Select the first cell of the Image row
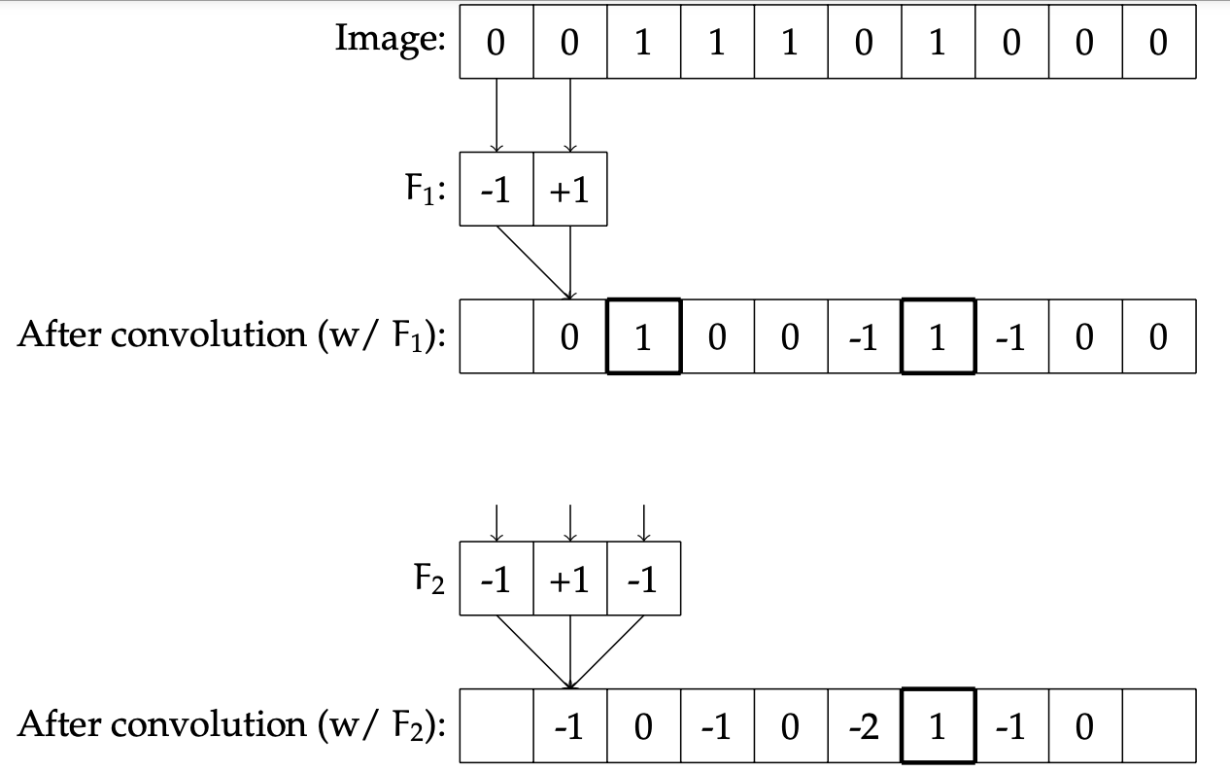(496, 43)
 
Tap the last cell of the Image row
(1158, 43)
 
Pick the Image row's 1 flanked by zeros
(938, 43)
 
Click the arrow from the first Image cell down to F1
(496, 115)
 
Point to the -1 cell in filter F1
(496, 190)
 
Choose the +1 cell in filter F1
(569, 190)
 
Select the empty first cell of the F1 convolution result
(496, 336)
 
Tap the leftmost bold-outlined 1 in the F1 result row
(643, 336)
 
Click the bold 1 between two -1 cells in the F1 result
(938, 336)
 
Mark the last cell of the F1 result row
(1158, 336)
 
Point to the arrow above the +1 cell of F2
(569, 521)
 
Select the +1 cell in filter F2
(569, 579)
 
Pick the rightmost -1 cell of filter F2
(643, 579)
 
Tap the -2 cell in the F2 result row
(864, 726)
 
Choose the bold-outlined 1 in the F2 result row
(938, 726)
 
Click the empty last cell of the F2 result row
(1158, 726)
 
